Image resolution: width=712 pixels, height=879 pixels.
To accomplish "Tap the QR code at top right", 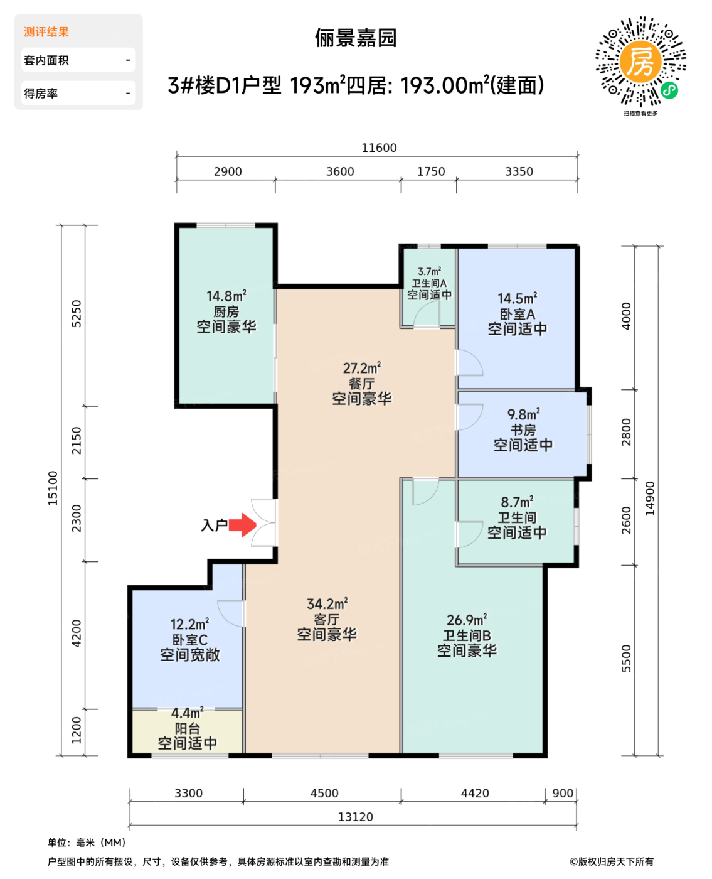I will (x=640, y=62).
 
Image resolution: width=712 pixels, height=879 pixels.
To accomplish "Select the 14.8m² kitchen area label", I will (x=226, y=311).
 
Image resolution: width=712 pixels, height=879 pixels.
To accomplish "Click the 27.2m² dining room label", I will (x=362, y=383).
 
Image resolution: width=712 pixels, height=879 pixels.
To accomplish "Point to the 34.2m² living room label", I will (x=327, y=619).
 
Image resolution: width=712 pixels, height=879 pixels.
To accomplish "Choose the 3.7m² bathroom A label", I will (x=429, y=283).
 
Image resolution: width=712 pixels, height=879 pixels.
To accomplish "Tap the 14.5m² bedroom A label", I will (x=518, y=314).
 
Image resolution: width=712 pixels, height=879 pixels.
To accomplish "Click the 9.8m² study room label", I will (x=523, y=430).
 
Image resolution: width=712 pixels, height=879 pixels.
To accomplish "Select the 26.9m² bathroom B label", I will (x=467, y=635).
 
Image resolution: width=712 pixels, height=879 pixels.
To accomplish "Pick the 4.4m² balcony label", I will (x=187, y=728).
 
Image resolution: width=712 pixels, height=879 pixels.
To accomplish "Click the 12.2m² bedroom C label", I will (x=189, y=640).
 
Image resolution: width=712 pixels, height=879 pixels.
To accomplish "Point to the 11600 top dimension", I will (x=379, y=148).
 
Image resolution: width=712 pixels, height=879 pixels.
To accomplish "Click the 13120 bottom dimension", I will (x=356, y=817).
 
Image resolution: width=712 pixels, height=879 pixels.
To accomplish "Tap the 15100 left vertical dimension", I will (x=53, y=488).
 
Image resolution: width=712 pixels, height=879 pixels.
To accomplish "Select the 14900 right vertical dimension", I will (x=650, y=499).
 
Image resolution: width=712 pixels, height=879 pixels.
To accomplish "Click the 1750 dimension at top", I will (x=431, y=171).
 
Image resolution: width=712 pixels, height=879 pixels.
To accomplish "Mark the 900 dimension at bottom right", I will (x=563, y=793).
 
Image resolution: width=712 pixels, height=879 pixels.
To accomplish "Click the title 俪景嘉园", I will (x=356, y=38).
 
